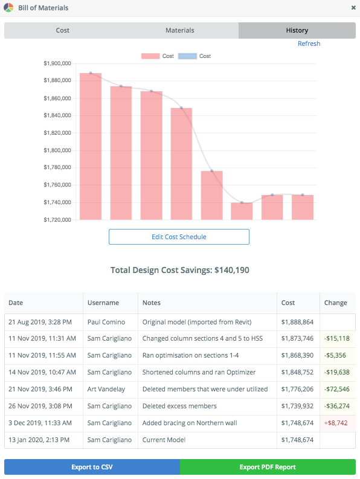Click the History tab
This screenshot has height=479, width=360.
(x=297, y=30)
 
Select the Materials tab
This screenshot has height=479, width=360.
(x=180, y=30)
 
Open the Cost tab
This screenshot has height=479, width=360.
(x=63, y=30)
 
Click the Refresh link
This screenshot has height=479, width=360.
(x=309, y=43)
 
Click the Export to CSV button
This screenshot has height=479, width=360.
(x=92, y=467)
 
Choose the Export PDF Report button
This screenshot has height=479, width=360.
(x=268, y=467)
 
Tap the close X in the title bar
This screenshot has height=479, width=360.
(x=353, y=8)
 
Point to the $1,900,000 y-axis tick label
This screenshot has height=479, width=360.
(x=58, y=63)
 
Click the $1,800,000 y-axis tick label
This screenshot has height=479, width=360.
(x=58, y=150)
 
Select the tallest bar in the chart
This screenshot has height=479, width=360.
(x=91, y=146)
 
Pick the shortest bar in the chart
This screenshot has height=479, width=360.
(x=242, y=211)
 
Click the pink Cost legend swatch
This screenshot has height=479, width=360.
(x=150, y=56)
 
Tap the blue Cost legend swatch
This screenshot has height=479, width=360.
(x=187, y=56)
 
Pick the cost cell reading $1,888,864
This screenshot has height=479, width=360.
(x=297, y=322)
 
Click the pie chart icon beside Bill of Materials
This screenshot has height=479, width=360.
(x=8, y=8)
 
